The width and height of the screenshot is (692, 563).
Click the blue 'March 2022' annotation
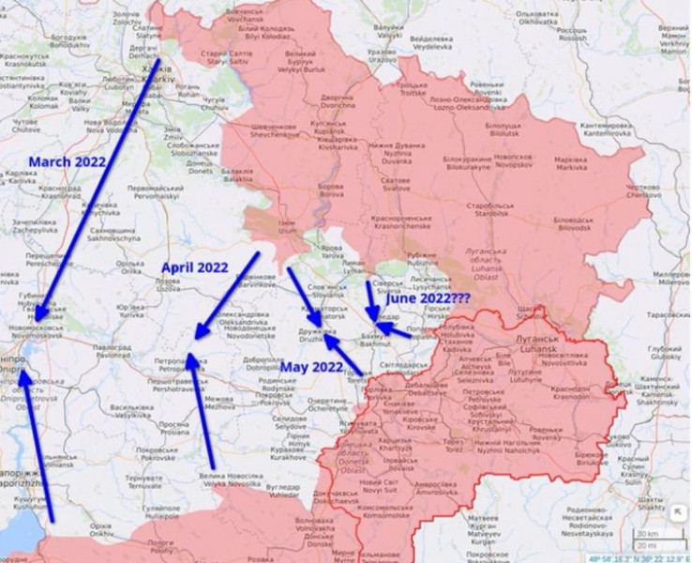(x=67, y=161)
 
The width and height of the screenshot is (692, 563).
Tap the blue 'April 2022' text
(x=195, y=267)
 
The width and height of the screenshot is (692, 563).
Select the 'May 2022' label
(x=313, y=366)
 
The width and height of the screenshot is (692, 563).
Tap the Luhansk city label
(x=538, y=349)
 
